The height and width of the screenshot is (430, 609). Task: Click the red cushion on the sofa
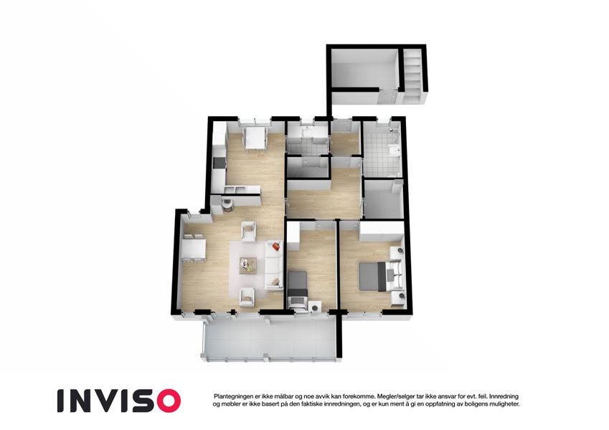[275, 246]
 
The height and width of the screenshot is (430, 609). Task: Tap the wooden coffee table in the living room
[247, 265]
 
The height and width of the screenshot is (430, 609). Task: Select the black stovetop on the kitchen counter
[219, 163]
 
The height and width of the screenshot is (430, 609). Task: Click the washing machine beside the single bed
[315, 307]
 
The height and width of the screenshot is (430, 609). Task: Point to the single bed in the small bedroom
[298, 289]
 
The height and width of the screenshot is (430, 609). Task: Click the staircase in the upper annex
[412, 76]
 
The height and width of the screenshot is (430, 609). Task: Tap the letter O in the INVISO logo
[167, 401]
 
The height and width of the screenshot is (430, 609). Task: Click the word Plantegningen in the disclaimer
[232, 396]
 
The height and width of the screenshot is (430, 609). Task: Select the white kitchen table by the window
[255, 138]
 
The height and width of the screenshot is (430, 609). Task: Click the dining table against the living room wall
[194, 249]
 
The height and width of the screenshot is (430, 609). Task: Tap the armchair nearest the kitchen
[249, 231]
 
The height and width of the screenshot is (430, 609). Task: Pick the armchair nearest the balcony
[247, 297]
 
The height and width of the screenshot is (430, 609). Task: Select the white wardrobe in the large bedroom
[382, 231]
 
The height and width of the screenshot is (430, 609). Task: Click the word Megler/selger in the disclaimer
[395, 396]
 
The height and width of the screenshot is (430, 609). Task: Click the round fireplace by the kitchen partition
[227, 204]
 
